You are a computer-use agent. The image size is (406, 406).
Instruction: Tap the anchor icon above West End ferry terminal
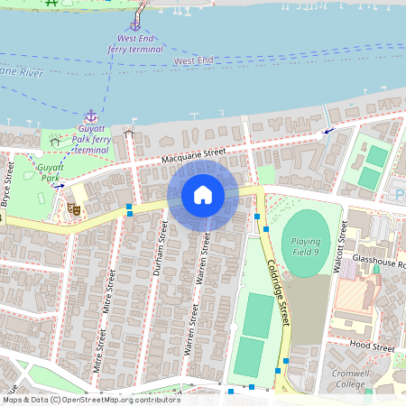135,25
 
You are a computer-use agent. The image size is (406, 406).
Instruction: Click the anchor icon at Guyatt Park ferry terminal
90,116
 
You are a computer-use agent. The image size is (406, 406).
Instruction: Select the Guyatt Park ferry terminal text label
90,139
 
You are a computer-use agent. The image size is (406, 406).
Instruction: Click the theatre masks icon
74,208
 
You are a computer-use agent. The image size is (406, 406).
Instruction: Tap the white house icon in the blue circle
203,195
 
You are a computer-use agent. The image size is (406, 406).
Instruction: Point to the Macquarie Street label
187,159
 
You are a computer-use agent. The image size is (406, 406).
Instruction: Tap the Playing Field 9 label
306,246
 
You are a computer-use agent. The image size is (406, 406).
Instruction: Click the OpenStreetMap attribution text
90,400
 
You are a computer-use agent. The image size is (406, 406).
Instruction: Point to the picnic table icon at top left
51,3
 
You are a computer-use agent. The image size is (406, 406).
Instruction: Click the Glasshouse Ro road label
379,264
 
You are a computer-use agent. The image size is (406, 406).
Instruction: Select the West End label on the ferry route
193,60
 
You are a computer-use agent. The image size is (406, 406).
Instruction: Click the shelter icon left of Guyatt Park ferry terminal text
55,140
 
